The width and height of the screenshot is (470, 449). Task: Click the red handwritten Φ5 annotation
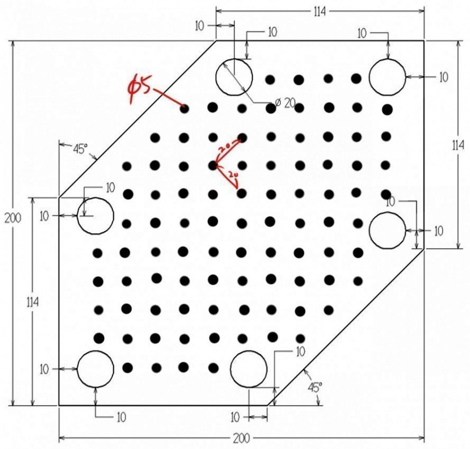point(140,88)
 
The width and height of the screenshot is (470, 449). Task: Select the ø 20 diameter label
point(285,103)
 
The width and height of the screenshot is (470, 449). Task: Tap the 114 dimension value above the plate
point(320,12)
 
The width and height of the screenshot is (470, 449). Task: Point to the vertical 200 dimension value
point(13,218)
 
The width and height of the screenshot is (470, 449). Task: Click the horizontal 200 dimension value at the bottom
point(241,438)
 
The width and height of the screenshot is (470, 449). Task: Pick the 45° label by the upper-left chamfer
point(80,149)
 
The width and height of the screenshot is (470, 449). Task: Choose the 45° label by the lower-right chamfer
point(315,387)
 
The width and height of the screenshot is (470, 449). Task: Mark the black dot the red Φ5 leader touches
point(185,109)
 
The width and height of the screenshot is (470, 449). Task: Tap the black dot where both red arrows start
point(213,165)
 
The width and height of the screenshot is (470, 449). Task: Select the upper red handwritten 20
point(224,147)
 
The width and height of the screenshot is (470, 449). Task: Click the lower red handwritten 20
point(233,174)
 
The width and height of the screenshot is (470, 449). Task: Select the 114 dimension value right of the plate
point(458,146)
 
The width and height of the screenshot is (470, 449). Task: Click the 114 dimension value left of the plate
point(33,302)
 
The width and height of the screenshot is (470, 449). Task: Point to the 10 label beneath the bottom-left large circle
point(122,417)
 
